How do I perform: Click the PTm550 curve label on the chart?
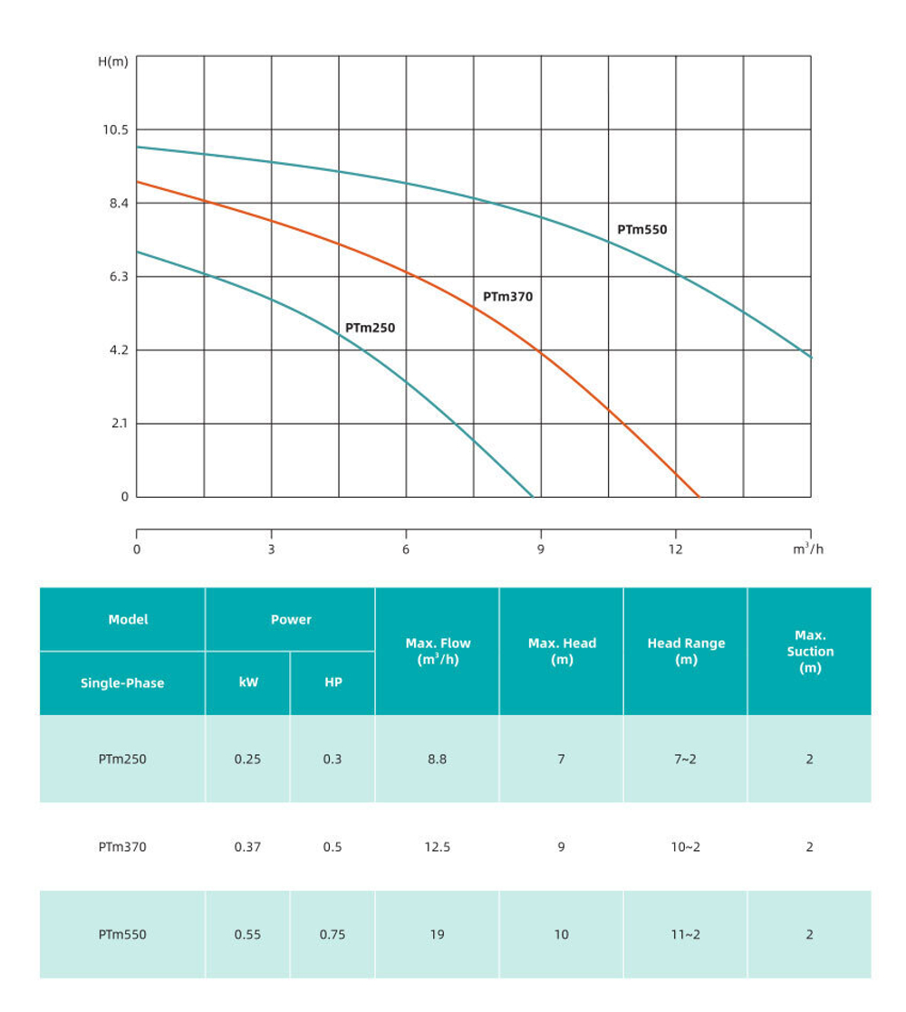[x=641, y=230]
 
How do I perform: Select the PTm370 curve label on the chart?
[x=507, y=297]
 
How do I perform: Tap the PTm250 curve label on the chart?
[x=370, y=328]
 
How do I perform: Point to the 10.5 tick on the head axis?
[x=115, y=129]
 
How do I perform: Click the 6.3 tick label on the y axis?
[x=119, y=276]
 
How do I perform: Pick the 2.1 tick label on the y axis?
[x=119, y=423]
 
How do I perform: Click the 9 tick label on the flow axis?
[x=541, y=549]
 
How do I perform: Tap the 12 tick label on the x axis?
[x=675, y=549]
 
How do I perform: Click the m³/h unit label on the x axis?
[x=808, y=549]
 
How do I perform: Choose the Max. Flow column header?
[x=438, y=651]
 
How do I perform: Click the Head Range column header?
[x=686, y=651]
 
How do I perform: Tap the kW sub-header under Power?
[x=247, y=683]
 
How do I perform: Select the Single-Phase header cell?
[x=122, y=683]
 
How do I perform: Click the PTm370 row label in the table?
[x=122, y=847]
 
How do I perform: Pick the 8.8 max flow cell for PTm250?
[x=438, y=759]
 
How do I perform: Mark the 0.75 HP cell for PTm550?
[x=333, y=934]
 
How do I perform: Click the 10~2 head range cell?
[x=686, y=847]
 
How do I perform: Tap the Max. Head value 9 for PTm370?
[x=562, y=847]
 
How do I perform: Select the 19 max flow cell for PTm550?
[x=438, y=934]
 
